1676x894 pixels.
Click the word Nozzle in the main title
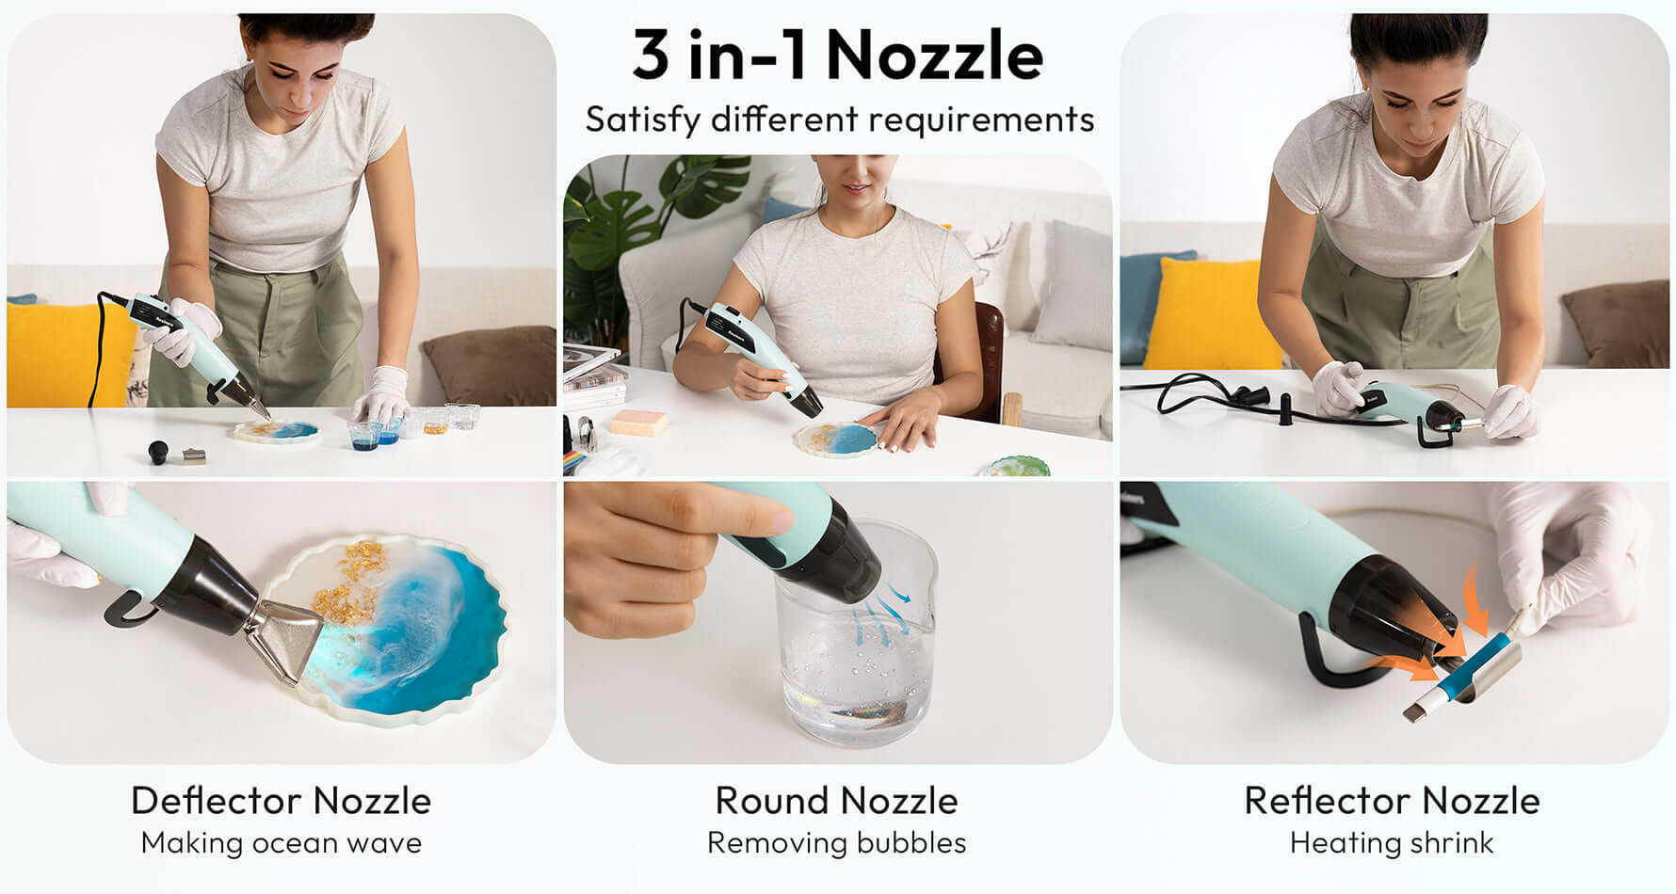(935, 56)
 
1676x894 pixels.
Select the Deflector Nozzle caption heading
(281, 801)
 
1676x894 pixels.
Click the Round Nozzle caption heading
(836, 801)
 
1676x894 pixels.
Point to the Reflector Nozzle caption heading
(1392, 801)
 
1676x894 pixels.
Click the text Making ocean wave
(281, 843)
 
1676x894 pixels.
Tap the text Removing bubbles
(836, 843)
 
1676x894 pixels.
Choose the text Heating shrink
(1392, 843)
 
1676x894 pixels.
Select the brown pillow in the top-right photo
(1616, 325)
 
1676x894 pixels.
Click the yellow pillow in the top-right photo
(1211, 314)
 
